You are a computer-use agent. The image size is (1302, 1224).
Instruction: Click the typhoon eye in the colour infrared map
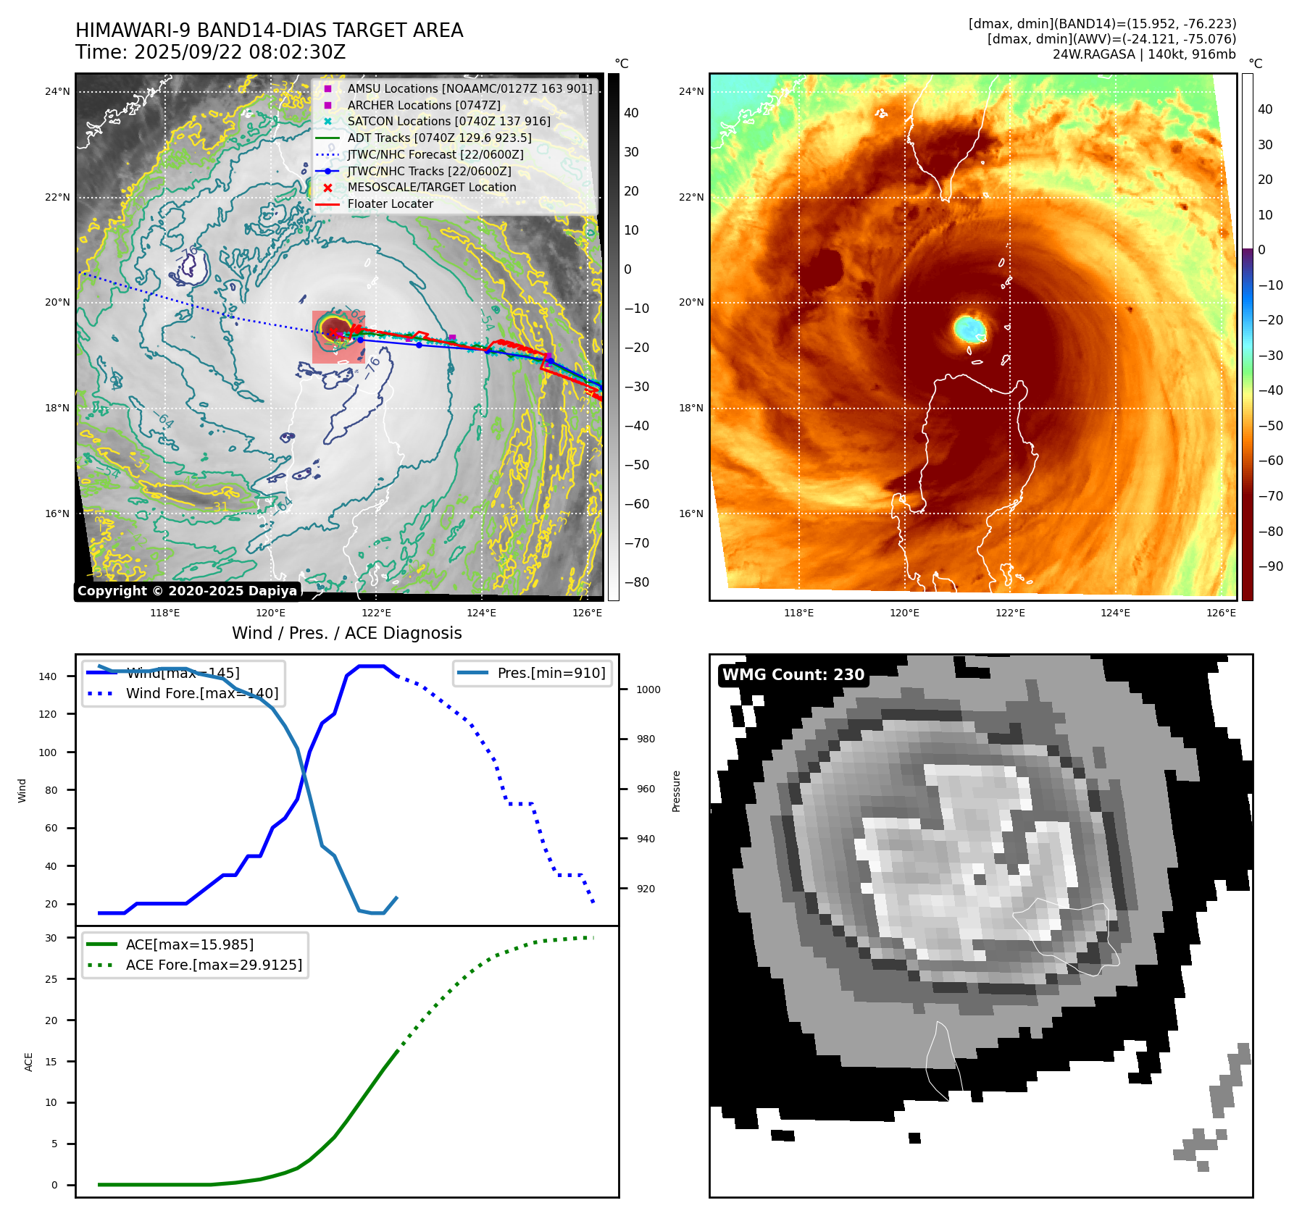969,329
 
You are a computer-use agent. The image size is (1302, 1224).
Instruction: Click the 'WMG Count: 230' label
793,675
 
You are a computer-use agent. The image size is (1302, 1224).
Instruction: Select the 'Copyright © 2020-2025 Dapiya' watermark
187,591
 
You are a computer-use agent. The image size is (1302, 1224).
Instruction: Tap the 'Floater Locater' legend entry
390,204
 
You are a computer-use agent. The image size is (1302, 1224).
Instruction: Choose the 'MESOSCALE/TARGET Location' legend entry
431,188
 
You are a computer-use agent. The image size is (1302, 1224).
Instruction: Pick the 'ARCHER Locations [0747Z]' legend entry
423,105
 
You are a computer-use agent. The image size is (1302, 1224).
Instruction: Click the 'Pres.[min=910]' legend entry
551,673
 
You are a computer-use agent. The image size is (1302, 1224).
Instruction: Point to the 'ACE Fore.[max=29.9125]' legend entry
214,965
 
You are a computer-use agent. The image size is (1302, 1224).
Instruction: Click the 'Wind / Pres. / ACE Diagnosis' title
346,633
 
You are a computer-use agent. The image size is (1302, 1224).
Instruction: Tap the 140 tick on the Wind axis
48,676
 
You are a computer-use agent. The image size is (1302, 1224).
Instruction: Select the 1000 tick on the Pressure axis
648,689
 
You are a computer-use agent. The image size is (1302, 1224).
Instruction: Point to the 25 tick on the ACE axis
51,979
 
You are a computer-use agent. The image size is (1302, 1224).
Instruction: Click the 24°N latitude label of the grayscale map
57,92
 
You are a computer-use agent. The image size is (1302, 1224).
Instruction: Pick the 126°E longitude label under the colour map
1221,613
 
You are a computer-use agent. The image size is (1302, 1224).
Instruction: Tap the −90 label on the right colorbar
1270,566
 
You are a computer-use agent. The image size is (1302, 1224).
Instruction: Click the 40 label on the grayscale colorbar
631,113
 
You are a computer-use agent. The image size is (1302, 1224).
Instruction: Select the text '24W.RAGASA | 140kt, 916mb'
1144,54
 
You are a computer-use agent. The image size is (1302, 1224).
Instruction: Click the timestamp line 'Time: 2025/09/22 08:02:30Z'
210,53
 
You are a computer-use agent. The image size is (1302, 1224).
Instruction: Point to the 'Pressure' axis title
676,791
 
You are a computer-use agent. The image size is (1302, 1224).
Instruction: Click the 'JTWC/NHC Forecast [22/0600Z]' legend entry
435,155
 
